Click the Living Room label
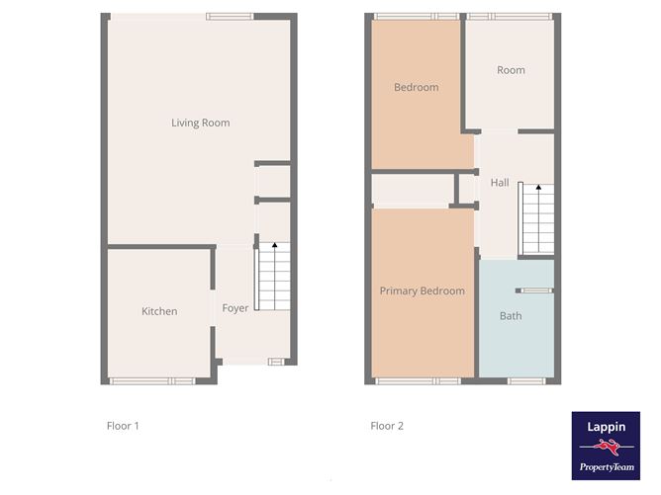200,124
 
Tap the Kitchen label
159,311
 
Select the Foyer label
236,308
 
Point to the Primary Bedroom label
423,291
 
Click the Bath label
511,316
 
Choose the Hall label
500,183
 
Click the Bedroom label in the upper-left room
416,88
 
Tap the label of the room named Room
511,70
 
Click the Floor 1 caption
123,427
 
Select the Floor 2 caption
387,427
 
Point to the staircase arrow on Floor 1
274,244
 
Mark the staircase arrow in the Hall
537,187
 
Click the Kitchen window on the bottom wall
152,380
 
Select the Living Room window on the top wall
230,15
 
